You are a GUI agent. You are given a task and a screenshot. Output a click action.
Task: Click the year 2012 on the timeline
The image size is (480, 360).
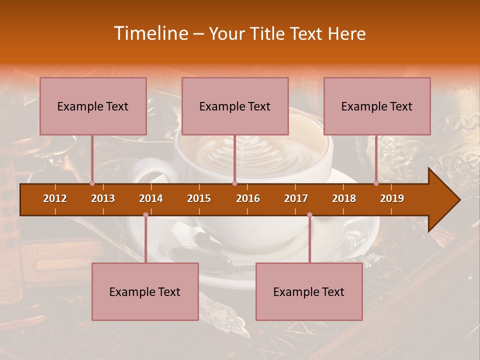coord(55,198)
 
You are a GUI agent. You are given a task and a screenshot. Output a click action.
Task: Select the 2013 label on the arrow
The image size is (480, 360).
coord(103,198)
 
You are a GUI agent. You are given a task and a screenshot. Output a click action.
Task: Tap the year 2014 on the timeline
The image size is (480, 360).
coord(151,198)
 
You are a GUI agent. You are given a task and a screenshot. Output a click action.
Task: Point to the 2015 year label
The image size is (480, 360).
coord(199,198)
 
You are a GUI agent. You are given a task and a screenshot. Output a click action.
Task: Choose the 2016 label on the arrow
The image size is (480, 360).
coord(248,198)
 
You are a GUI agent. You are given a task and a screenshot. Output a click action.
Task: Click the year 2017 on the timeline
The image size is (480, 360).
coord(296,198)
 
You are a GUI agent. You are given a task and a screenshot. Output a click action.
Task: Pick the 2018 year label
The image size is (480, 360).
coord(344,198)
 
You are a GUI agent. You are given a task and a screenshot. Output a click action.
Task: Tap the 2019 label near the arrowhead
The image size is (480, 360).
coord(392,198)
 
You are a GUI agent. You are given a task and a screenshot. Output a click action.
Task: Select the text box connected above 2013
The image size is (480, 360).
coord(93,106)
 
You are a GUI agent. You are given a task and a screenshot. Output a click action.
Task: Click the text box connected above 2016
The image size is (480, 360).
coord(235,106)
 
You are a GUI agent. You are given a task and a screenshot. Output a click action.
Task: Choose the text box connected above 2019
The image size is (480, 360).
coord(377,106)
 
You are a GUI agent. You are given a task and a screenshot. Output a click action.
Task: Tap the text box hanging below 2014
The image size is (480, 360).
coord(145,291)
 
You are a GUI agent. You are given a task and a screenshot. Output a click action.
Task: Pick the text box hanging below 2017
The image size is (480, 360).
coord(309,291)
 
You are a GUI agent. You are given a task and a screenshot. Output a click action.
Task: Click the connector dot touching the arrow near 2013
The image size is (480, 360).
coord(92,183)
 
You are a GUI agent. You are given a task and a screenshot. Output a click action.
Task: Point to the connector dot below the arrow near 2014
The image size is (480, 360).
coord(145,215)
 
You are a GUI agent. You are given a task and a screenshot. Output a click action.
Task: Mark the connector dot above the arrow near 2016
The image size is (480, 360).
coord(234,183)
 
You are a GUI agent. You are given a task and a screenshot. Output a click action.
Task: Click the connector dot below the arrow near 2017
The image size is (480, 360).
coord(309,215)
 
